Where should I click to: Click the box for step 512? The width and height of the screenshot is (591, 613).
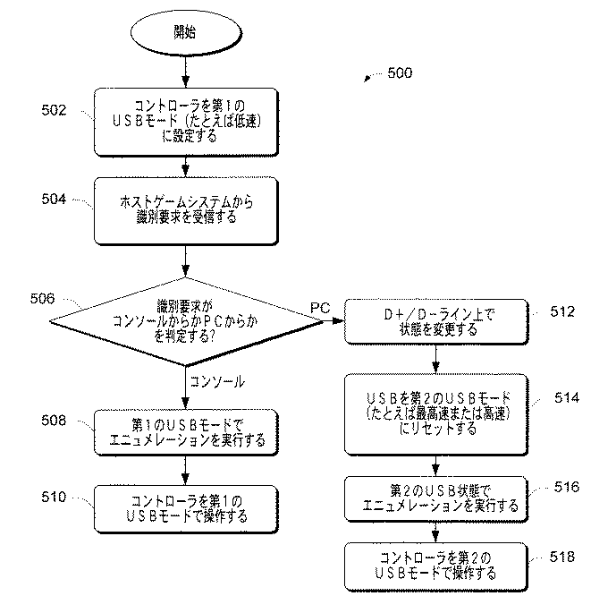(x=434, y=321)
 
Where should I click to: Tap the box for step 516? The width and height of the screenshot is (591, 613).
(x=434, y=498)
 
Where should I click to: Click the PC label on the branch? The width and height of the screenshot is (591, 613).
(x=319, y=308)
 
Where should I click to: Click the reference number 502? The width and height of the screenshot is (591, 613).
(x=55, y=110)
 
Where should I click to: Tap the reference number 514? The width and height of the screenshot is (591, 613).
(x=566, y=397)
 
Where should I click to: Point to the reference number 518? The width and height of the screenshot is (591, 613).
(x=562, y=557)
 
